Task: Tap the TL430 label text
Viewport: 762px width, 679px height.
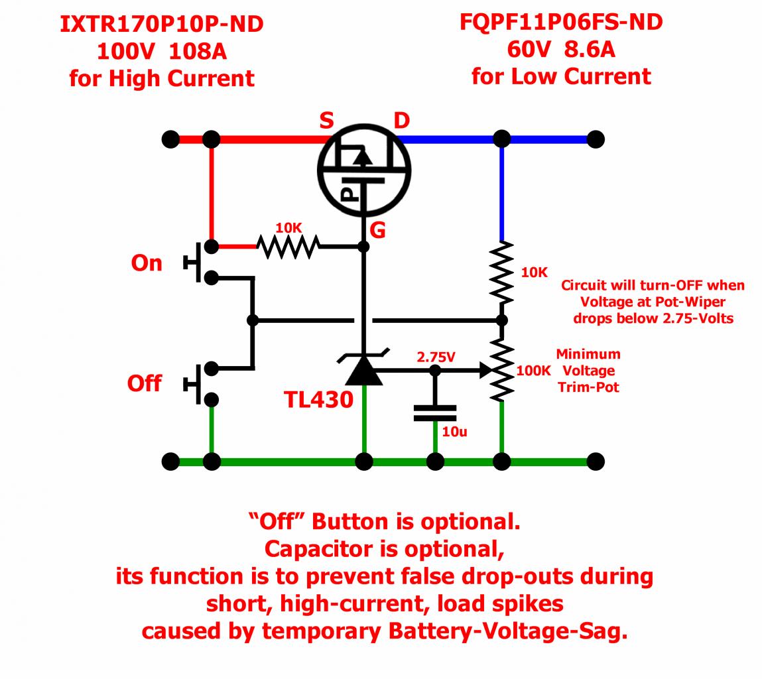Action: (x=318, y=399)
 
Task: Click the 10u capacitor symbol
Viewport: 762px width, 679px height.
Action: (x=435, y=413)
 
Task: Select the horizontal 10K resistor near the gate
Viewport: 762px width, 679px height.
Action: (x=288, y=247)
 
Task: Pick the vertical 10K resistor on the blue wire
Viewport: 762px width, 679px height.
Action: (x=502, y=272)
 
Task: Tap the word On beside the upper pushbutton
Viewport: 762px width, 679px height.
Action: (x=147, y=263)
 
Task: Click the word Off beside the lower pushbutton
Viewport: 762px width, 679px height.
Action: (x=144, y=383)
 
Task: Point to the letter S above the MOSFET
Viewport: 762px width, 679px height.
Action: (x=326, y=121)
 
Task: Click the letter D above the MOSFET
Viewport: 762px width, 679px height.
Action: (x=401, y=121)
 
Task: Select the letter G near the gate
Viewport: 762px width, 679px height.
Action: (x=377, y=230)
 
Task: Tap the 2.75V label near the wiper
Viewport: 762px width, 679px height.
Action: (x=436, y=357)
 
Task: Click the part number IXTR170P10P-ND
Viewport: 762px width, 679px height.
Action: (x=161, y=25)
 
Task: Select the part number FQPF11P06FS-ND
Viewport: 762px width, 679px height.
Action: (x=561, y=23)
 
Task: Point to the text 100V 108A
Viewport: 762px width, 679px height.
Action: (x=161, y=51)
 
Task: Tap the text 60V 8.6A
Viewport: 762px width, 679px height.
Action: (x=561, y=49)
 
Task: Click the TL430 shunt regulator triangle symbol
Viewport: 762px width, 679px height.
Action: (x=363, y=370)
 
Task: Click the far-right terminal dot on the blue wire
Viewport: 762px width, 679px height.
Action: (x=596, y=139)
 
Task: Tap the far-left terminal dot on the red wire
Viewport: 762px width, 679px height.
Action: (x=170, y=139)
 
